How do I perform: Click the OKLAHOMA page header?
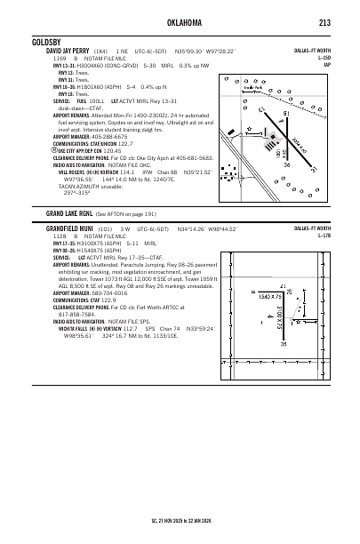[180, 23]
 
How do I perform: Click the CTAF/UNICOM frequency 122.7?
[119, 143]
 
